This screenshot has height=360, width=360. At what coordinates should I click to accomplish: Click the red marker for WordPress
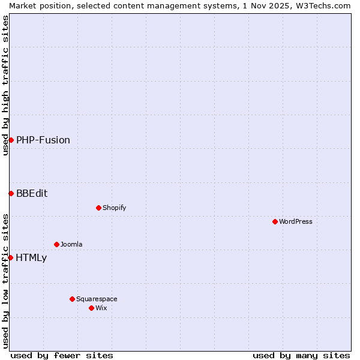275,221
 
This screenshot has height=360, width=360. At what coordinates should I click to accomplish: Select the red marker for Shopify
98,208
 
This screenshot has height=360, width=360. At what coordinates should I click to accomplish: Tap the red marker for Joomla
56,244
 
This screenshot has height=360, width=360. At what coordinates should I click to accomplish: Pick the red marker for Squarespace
72,299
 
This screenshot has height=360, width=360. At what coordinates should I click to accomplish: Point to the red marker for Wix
91,308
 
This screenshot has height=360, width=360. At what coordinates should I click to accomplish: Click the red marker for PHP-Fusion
11,140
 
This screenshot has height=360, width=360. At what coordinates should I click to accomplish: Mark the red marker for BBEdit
11,193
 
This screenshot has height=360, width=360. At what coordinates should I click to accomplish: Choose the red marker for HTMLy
10,257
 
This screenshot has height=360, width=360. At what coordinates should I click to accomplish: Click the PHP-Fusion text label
43,140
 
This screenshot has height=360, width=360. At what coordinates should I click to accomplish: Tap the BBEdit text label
32,193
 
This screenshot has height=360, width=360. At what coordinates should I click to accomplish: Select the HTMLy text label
31,258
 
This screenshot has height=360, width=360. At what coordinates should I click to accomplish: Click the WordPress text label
296,221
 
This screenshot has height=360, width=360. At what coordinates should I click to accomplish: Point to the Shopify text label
114,208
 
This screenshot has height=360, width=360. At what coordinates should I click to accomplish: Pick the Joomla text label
71,244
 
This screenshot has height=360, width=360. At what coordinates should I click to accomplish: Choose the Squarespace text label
97,299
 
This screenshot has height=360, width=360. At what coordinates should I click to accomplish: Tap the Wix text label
101,308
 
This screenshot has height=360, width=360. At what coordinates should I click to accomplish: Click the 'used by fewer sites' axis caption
62,355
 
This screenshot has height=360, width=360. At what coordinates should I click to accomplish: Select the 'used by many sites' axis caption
301,355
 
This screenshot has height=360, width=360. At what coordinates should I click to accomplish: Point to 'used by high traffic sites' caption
5,85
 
